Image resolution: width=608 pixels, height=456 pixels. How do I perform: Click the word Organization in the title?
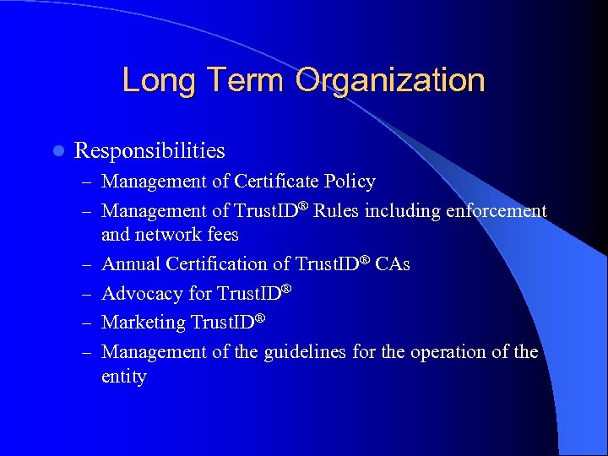click(x=390, y=80)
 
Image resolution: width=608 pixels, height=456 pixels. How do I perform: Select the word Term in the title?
click(x=245, y=80)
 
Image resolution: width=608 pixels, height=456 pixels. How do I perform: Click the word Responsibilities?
click(x=149, y=151)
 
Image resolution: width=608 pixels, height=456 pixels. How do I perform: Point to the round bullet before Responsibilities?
click(x=57, y=151)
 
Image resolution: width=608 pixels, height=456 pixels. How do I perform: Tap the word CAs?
click(x=393, y=264)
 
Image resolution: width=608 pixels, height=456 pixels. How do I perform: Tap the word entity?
click(x=124, y=377)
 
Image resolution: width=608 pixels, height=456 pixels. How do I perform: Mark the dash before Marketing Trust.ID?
click(x=88, y=323)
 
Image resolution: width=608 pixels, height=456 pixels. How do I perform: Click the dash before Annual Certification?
click(x=88, y=265)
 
